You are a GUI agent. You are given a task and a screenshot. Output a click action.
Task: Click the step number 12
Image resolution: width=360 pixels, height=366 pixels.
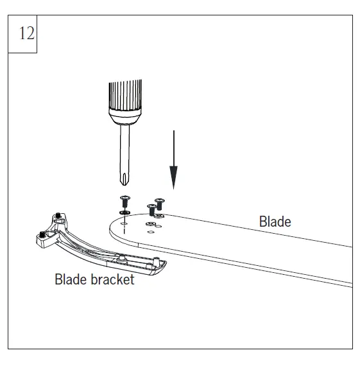coord(27,33)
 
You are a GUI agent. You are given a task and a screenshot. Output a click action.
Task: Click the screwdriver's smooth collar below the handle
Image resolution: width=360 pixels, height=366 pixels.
coord(125,117)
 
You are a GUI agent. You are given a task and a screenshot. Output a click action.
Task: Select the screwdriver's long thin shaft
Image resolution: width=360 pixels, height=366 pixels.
coord(125,150)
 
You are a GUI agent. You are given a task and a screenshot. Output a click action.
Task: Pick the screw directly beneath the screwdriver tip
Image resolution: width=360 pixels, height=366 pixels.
coord(125,202)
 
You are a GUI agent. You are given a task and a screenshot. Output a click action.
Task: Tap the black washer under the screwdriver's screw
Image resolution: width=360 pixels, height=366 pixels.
coord(124,213)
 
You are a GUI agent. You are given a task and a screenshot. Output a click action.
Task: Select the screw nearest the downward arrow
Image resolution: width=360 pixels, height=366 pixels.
coord(160,204)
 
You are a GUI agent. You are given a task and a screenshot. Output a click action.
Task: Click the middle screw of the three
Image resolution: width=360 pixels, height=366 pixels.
coord(151,209)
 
